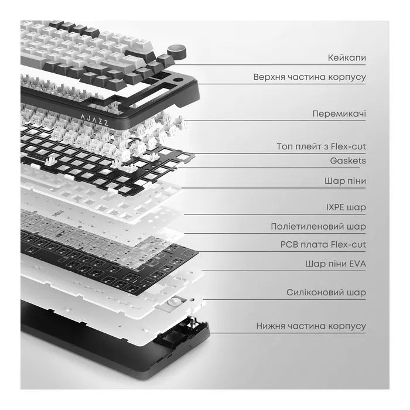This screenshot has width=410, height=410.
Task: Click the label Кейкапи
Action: tap(347, 58)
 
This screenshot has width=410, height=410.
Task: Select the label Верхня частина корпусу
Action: tap(310, 77)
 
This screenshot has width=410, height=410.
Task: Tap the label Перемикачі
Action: tap(339, 114)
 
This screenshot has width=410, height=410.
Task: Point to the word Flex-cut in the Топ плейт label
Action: tap(348, 146)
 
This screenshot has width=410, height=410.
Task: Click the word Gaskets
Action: tap(348, 160)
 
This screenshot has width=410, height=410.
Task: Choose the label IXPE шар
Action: tap(346, 207)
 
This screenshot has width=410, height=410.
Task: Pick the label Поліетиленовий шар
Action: tap(318, 227)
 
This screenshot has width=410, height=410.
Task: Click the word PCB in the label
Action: tap(289, 245)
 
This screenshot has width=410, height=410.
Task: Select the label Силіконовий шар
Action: tap(326, 292)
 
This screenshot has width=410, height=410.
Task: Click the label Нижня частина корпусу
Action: tap(311, 326)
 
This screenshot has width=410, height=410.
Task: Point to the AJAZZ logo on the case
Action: tap(94, 119)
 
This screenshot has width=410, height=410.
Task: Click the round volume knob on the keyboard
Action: tap(177, 50)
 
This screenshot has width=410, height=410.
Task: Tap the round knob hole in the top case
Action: tap(178, 80)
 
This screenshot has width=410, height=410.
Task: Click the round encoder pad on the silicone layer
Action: tap(173, 302)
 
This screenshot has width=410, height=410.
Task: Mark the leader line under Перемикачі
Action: tap(275, 121)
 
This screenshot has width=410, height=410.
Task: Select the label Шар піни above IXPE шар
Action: tap(345, 181)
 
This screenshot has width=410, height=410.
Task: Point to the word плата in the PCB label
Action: tap(314, 245)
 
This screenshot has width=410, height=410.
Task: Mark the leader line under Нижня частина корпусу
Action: tap(287, 333)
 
